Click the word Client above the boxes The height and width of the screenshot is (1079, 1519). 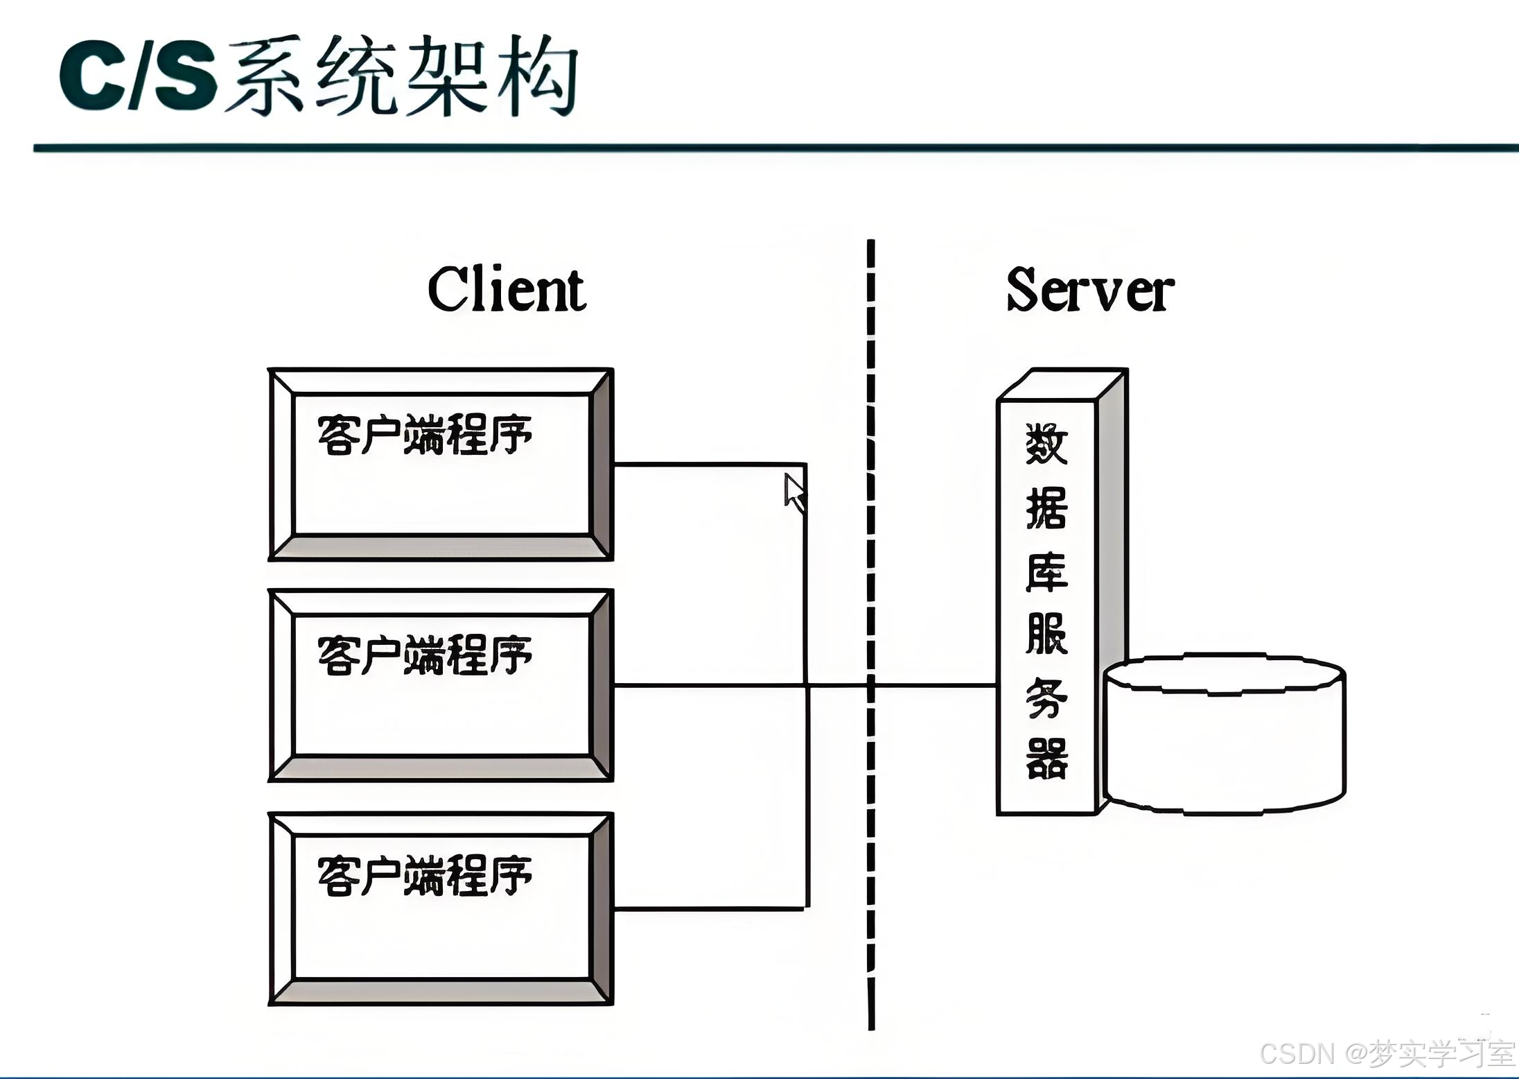pos(507,289)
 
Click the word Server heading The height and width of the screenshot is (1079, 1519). pos(1089,291)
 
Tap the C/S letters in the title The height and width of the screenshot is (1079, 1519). pos(137,75)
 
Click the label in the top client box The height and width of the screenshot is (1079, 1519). pos(424,435)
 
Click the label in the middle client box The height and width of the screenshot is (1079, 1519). pos(424,655)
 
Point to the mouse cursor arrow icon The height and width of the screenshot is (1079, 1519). pos(794,492)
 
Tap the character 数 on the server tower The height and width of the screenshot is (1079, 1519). pos(1046,444)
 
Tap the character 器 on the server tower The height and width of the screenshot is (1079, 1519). pos(1046,759)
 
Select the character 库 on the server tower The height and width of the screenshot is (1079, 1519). pos(1046,572)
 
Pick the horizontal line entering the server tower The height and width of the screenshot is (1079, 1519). pos(936,685)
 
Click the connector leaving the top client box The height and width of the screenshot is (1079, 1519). pos(707,464)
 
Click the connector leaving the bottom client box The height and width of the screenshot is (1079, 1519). pos(707,907)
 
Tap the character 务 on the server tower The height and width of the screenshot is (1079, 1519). pos(1046,697)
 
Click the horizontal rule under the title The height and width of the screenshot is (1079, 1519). pos(762,148)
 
